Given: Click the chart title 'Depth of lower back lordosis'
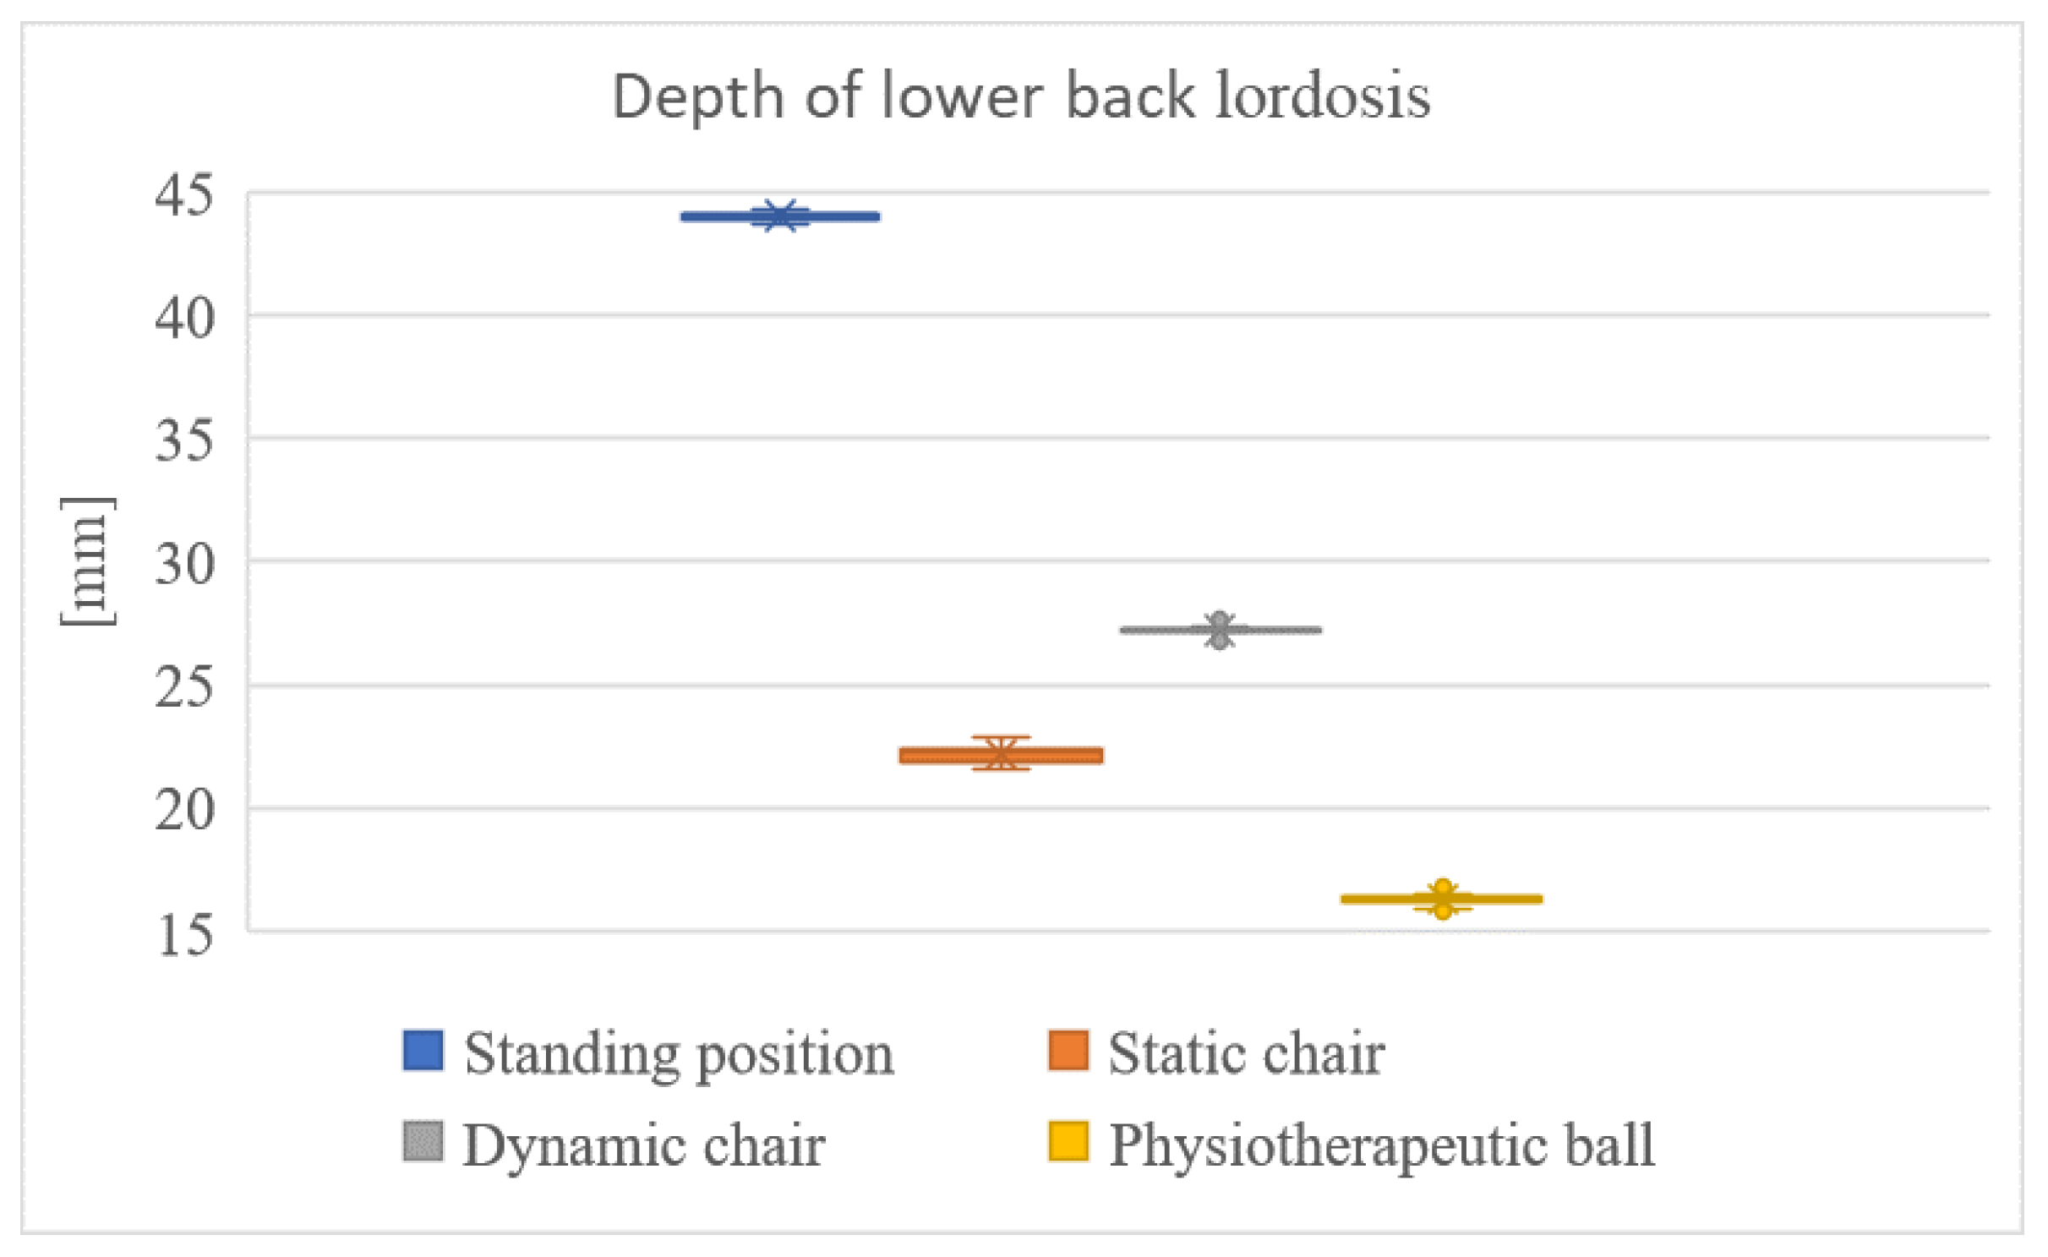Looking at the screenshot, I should click(1021, 97).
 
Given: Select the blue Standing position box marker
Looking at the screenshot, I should click(780, 216).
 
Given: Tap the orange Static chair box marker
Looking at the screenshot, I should click(1001, 755).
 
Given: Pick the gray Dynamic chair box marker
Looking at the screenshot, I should click(1220, 630).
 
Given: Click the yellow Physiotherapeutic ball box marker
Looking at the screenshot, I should click(1442, 899).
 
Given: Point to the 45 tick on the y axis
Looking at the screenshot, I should click(184, 197).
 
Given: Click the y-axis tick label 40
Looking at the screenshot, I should click(184, 320).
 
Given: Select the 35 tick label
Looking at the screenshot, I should click(184, 441).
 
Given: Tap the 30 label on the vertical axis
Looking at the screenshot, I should click(184, 565).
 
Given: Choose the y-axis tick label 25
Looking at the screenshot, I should click(184, 687).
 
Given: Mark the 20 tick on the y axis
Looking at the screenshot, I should click(184, 811).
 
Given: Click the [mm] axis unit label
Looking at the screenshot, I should click(88, 561).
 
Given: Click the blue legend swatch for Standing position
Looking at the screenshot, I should click(423, 1050).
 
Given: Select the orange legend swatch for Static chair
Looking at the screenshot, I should click(1068, 1050).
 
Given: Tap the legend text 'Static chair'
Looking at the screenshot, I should click(1246, 1054).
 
